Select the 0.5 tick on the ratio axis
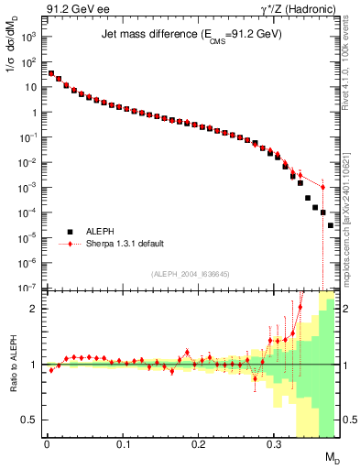pyautogui.click(x=33, y=420)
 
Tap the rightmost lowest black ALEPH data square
pyautogui.click(x=330, y=225)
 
